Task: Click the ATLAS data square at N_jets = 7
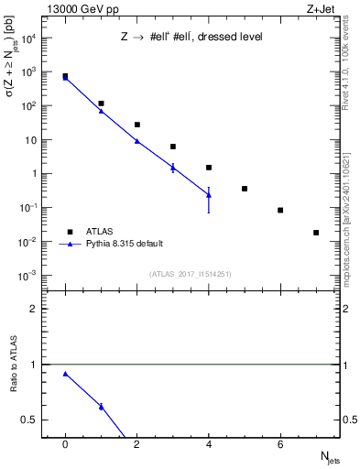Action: pos(316,233)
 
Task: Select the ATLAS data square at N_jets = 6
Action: pos(280,210)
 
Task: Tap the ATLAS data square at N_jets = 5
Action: pos(245,189)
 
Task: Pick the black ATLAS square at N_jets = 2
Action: pos(136,125)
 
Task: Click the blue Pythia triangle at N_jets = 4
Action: pos(209,194)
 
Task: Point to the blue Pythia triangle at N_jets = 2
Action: pos(136,141)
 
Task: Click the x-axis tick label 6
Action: pos(280,443)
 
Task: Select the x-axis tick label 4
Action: pos(209,443)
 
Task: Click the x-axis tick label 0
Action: pos(65,443)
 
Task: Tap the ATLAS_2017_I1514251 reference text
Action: pos(190,274)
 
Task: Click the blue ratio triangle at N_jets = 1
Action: pos(101,407)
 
